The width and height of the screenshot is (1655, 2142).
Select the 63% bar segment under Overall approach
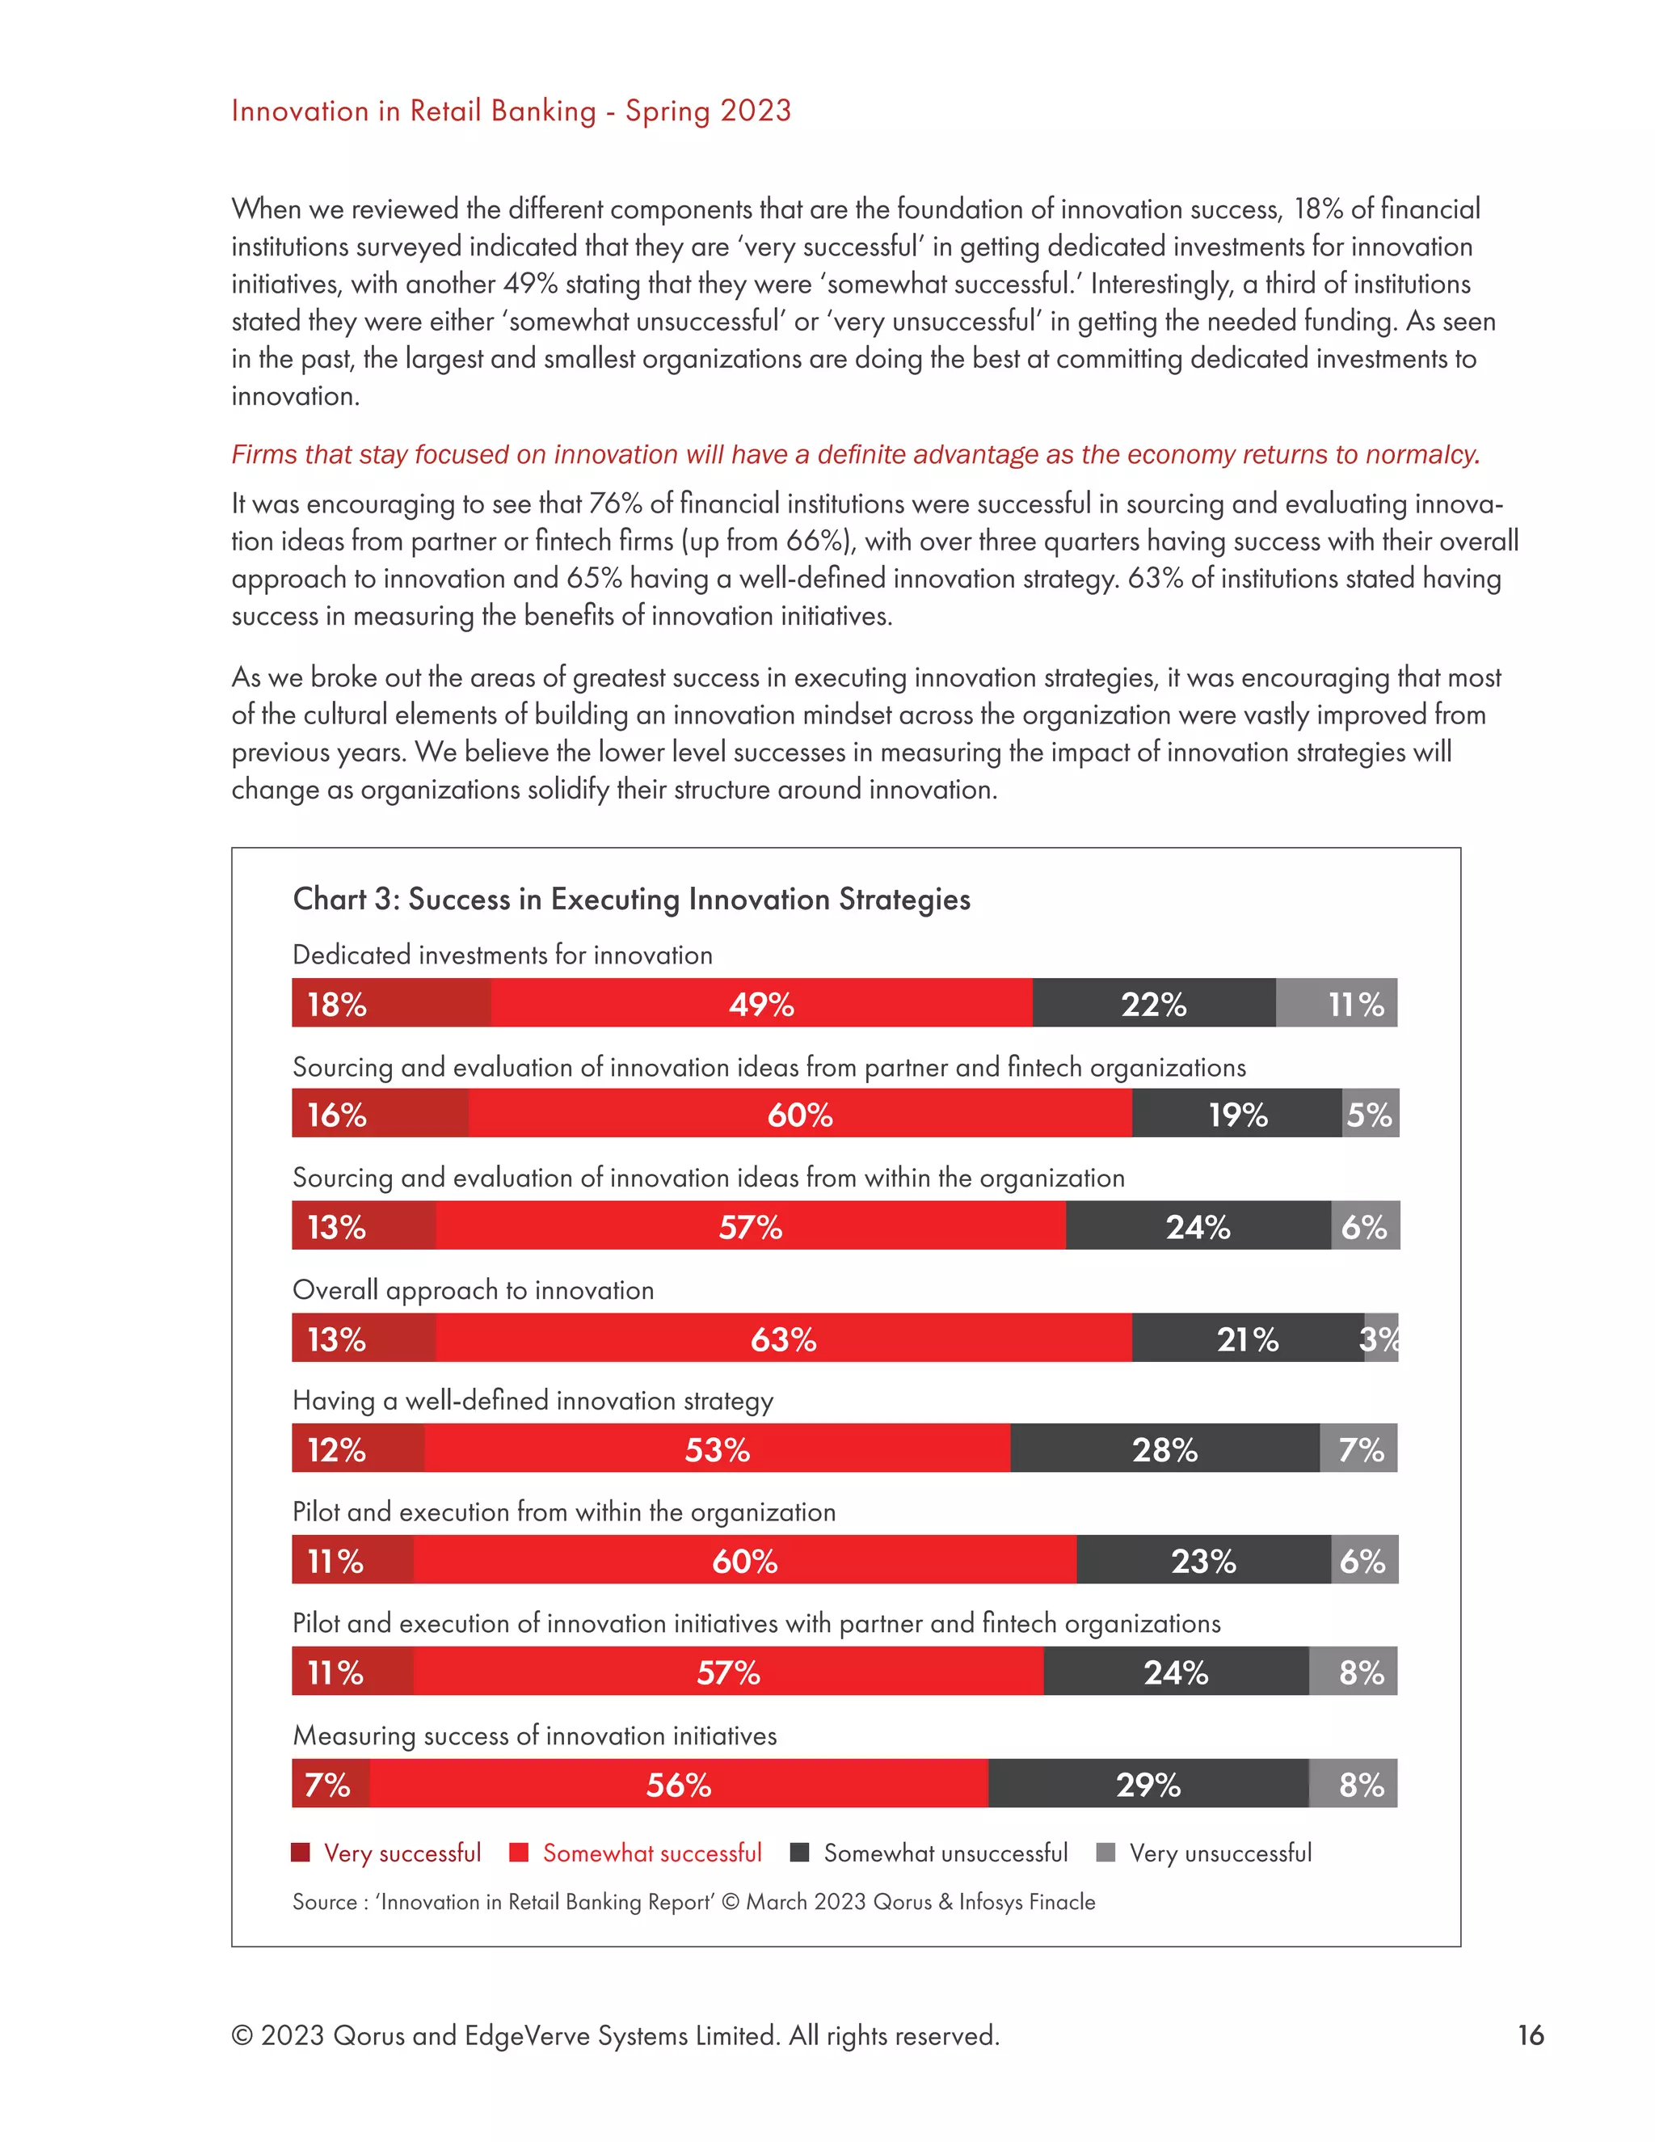coord(782,1338)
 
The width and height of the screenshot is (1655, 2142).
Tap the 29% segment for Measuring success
coord(1148,1783)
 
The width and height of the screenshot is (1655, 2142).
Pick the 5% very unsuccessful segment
coord(1370,1114)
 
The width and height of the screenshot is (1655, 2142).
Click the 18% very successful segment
coord(390,1003)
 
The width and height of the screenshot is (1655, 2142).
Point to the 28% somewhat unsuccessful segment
coord(1164,1448)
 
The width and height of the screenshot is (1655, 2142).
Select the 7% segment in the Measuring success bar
coord(330,1783)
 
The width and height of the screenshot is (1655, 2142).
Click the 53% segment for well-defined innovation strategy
coord(717,1448)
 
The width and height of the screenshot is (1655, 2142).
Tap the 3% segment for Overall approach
coord(1380,1338)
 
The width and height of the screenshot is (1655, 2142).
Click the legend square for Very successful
coord(301,1852)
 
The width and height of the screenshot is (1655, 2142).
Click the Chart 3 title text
coord(631,898)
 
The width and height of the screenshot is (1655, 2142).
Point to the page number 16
coord(1530,2035)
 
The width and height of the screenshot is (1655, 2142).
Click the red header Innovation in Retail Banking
coord(511,111)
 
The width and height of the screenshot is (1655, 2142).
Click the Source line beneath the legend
coord(693,1902)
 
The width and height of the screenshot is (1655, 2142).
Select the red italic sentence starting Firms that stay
coord(855,454)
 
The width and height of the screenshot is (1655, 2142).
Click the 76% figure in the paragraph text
coord(614,503)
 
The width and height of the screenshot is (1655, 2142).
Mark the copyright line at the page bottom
coord(615,2035)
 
